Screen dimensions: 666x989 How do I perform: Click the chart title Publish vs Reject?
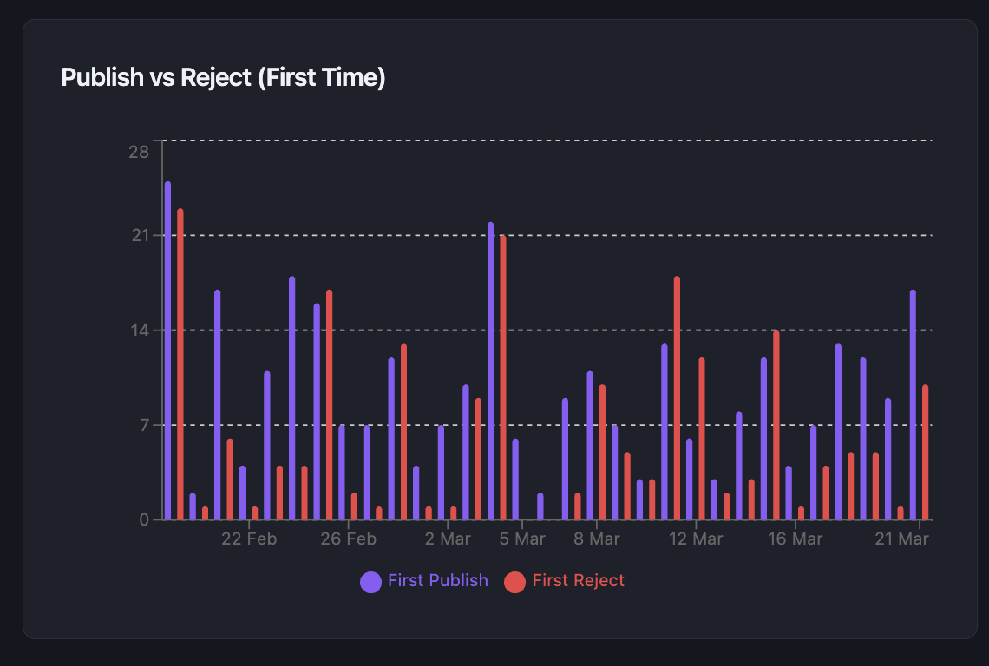click(x=223, y=78)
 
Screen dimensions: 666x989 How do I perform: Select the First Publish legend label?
click(x=437, y=581)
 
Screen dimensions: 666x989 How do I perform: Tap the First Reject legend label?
click(x=578, y=581)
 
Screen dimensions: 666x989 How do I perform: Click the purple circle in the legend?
click(x=370, y=582)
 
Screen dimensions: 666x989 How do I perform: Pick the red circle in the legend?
click(x=515, y=582)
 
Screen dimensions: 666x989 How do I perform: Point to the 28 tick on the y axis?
click(x=139, y=153)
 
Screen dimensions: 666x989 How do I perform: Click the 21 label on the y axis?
click(x=139, y=236)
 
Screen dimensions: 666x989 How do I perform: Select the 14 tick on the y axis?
click(x=139, y=330)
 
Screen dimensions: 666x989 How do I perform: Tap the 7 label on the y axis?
click(x=144, y=425)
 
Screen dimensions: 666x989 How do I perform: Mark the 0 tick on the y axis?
click(x=144, y=519)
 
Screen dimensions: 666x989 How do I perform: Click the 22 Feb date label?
click(x=249, y=539)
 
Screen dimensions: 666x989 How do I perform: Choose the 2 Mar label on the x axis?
click(x=448, y=539)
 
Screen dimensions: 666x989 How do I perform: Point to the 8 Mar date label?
click(x=597, y=539)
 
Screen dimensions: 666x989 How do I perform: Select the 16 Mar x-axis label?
click(x=796, y=539)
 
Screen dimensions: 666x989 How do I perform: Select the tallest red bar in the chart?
click(x=180, y=364)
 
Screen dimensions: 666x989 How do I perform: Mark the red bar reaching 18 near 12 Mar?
click(x=677, y=399)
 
